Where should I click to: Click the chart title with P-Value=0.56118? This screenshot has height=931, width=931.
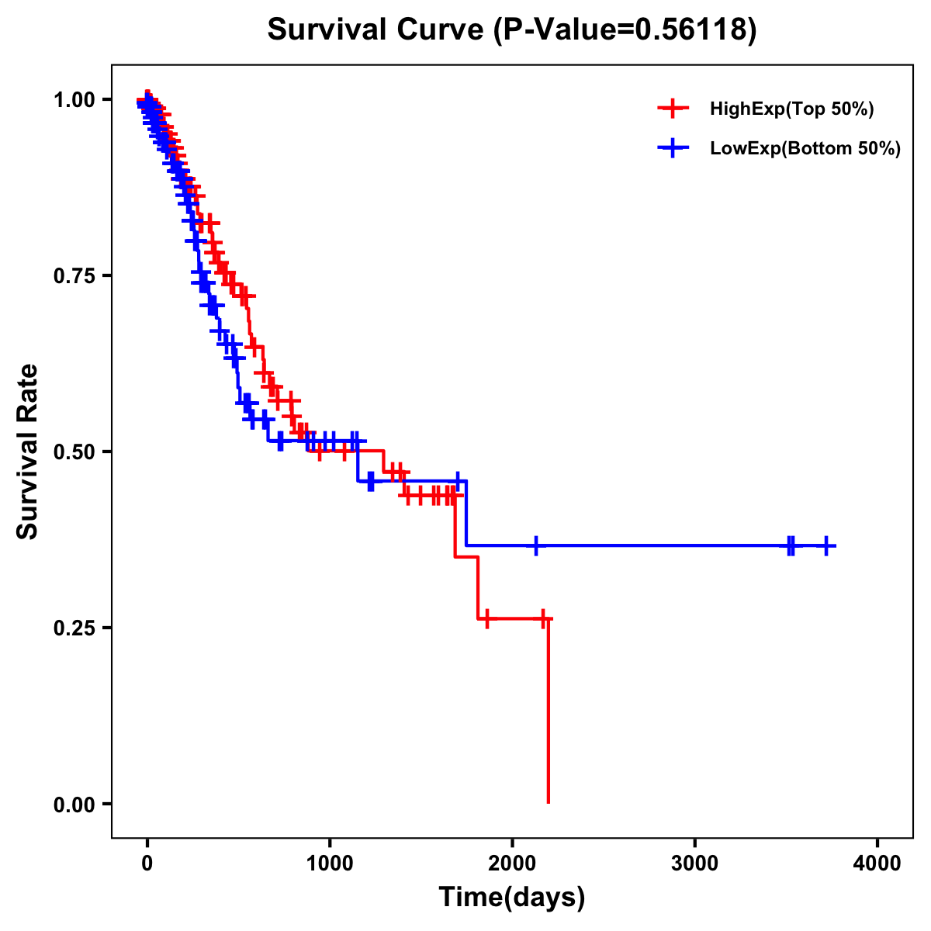coord(511,29)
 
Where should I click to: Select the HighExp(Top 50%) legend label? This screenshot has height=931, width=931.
coord(791,109)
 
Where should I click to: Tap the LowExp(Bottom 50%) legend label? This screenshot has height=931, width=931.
coord(805,149)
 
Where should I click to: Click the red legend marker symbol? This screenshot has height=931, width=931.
coord(673,109)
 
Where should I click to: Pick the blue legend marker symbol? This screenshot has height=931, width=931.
coord(673,148)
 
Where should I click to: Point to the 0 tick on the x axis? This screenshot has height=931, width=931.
coord(147,864)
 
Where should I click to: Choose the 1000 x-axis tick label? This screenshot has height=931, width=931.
coord(330,864)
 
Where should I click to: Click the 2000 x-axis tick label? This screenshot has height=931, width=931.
coord(512,864)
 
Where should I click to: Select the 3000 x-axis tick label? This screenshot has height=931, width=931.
coord(694,864)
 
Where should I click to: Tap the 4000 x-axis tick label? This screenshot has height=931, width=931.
coord(877,864)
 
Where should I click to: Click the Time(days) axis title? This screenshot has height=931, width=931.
coord(512,898)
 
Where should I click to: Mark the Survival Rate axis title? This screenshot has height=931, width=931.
coord(28,452)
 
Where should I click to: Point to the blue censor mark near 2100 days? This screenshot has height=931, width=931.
coord(535,546)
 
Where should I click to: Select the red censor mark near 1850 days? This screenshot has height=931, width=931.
coord(486,618)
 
